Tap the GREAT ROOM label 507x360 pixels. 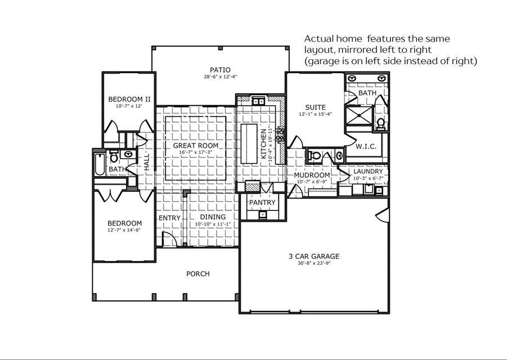click(x=195, y=145)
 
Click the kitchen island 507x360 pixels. click(x=249, y=142)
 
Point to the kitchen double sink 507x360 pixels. click(x=259, y=102)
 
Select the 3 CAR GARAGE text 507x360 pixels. click(x=314, y=256)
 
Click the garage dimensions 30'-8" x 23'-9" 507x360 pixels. click(x=314, y=263)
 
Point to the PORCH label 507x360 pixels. click(x=198, y=274)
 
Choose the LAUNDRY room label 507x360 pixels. click(x=369, y=172)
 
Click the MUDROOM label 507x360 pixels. click(x=312, y=175)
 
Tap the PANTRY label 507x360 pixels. click(x=262, y=202)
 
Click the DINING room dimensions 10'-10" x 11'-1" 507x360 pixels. click(x=213, y=224)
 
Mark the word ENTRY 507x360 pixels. click(x=169, y=218)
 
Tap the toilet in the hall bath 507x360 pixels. click(x=114, y=156)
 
